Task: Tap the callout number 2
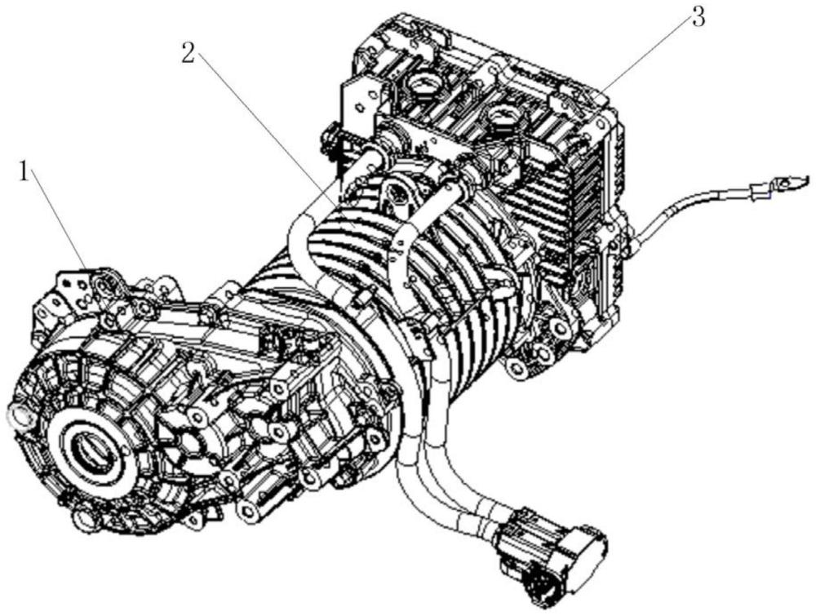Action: click(188, 53)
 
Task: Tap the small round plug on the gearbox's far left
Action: click(19, 415)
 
